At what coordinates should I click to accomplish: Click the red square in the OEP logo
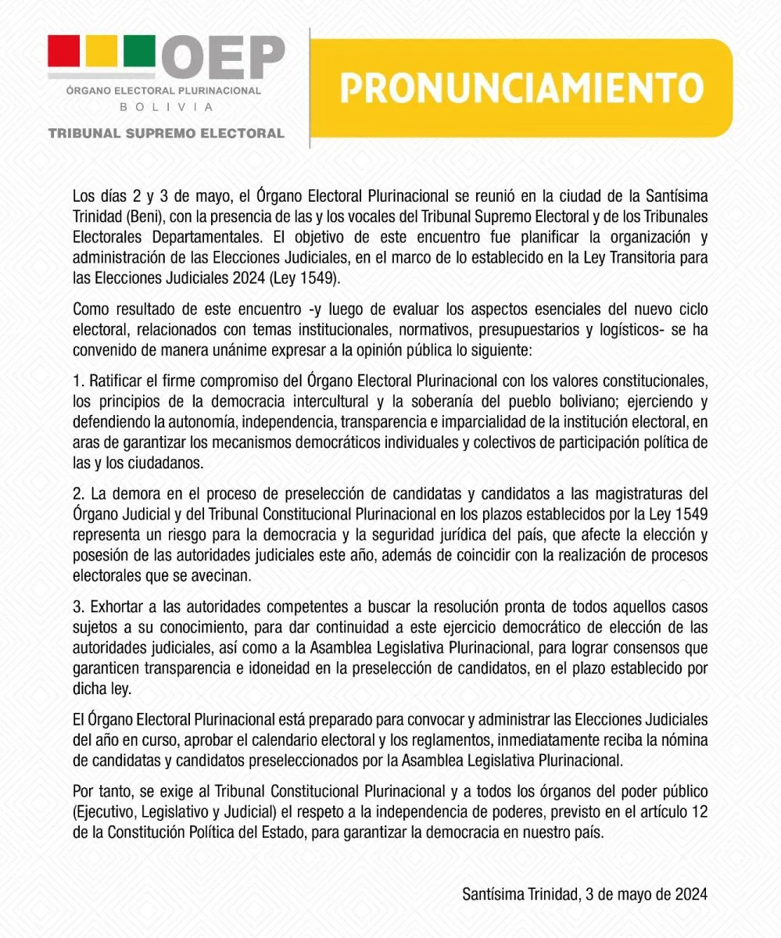tap(63, 52)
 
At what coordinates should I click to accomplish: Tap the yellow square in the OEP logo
tap(101, 52)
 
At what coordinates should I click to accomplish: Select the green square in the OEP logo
tap(139, 52)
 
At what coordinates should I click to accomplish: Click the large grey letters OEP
tap(224, 56)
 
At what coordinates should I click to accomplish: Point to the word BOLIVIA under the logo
tap(165, 107)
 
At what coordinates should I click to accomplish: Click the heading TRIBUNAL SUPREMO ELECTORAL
tap(166, 134)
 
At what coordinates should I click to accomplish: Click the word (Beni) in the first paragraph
tap(142, 215)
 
